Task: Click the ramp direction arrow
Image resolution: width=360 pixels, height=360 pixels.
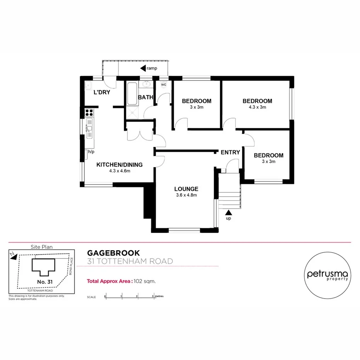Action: tap(143, 68)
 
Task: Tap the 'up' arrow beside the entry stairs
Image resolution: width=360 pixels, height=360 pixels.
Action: tap(229, 212)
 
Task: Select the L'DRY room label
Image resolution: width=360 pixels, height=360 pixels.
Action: tap(102, 92)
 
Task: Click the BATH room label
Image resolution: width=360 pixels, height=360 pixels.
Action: tap(146, 97)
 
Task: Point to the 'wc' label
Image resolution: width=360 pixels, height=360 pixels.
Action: tap(163, 84)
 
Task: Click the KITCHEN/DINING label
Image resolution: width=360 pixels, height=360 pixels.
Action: tap(119, 165)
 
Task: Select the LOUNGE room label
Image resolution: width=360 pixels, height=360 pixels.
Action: tap(186, 189)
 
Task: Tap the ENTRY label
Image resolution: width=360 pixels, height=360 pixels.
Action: tap(230, 152)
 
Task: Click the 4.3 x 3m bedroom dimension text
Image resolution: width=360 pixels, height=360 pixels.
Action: tap(257, 107)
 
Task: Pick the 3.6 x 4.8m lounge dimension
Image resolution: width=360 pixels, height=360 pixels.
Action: tap(186, 195)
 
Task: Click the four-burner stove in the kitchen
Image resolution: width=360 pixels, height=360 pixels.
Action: tap(89, 113)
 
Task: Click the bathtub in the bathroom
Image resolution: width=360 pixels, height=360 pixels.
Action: tap(132, 93)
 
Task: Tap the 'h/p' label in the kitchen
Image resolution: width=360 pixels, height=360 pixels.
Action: tap(91, 152)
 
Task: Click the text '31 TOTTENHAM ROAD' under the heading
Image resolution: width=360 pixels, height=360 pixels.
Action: tap(130, 262)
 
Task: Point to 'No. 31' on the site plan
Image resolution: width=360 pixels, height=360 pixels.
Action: tap(45, 282)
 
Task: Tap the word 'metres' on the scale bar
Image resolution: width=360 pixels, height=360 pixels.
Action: tap(159, 296)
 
